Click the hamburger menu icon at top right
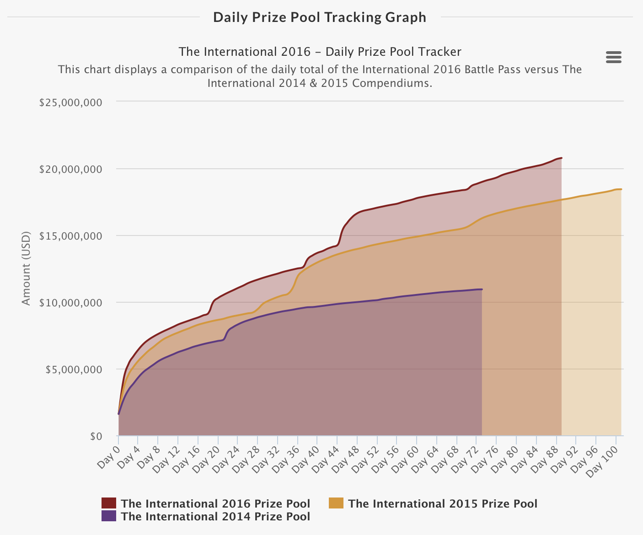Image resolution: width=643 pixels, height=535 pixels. (613, 57)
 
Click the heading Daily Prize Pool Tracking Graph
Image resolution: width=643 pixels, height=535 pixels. (320, 17)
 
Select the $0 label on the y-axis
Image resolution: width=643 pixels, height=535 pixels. (96, 436)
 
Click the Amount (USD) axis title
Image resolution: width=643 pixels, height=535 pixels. (26, 268)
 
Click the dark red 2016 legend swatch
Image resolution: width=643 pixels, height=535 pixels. (109, 503)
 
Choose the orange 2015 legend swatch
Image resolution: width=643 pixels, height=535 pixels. (336, 503)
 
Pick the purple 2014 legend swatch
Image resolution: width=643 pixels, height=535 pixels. (109, 516)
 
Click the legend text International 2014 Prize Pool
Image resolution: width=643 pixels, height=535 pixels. (215, 517)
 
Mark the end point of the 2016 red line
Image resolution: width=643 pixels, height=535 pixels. (561, 158)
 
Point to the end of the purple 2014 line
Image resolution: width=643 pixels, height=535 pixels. (482, 289)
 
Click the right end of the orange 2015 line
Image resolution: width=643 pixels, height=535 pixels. (621, 189)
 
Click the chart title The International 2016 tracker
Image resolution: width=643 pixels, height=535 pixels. (320, 52)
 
